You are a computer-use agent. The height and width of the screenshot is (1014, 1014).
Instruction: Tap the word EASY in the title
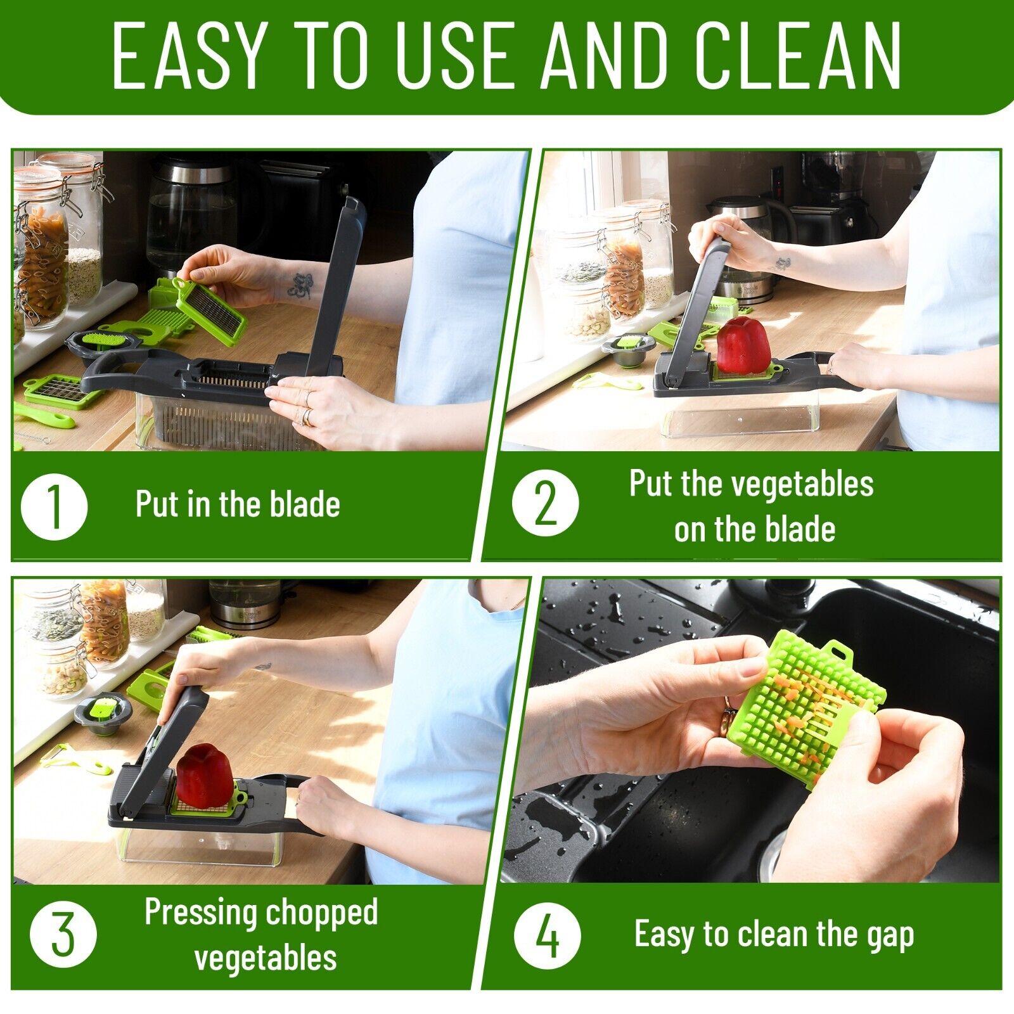click(188, 56)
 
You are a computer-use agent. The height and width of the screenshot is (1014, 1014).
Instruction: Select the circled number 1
click(54, 506)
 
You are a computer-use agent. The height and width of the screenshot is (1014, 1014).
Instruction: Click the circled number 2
click(545, 504)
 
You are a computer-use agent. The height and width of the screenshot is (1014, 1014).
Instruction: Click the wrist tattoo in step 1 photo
click(298, 285)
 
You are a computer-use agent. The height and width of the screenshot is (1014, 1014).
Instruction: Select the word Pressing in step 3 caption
click(201, 913)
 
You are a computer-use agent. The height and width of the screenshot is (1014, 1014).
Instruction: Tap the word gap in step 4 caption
click(890, 935)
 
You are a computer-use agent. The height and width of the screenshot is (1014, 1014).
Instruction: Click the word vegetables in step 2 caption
click(802, 484)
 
